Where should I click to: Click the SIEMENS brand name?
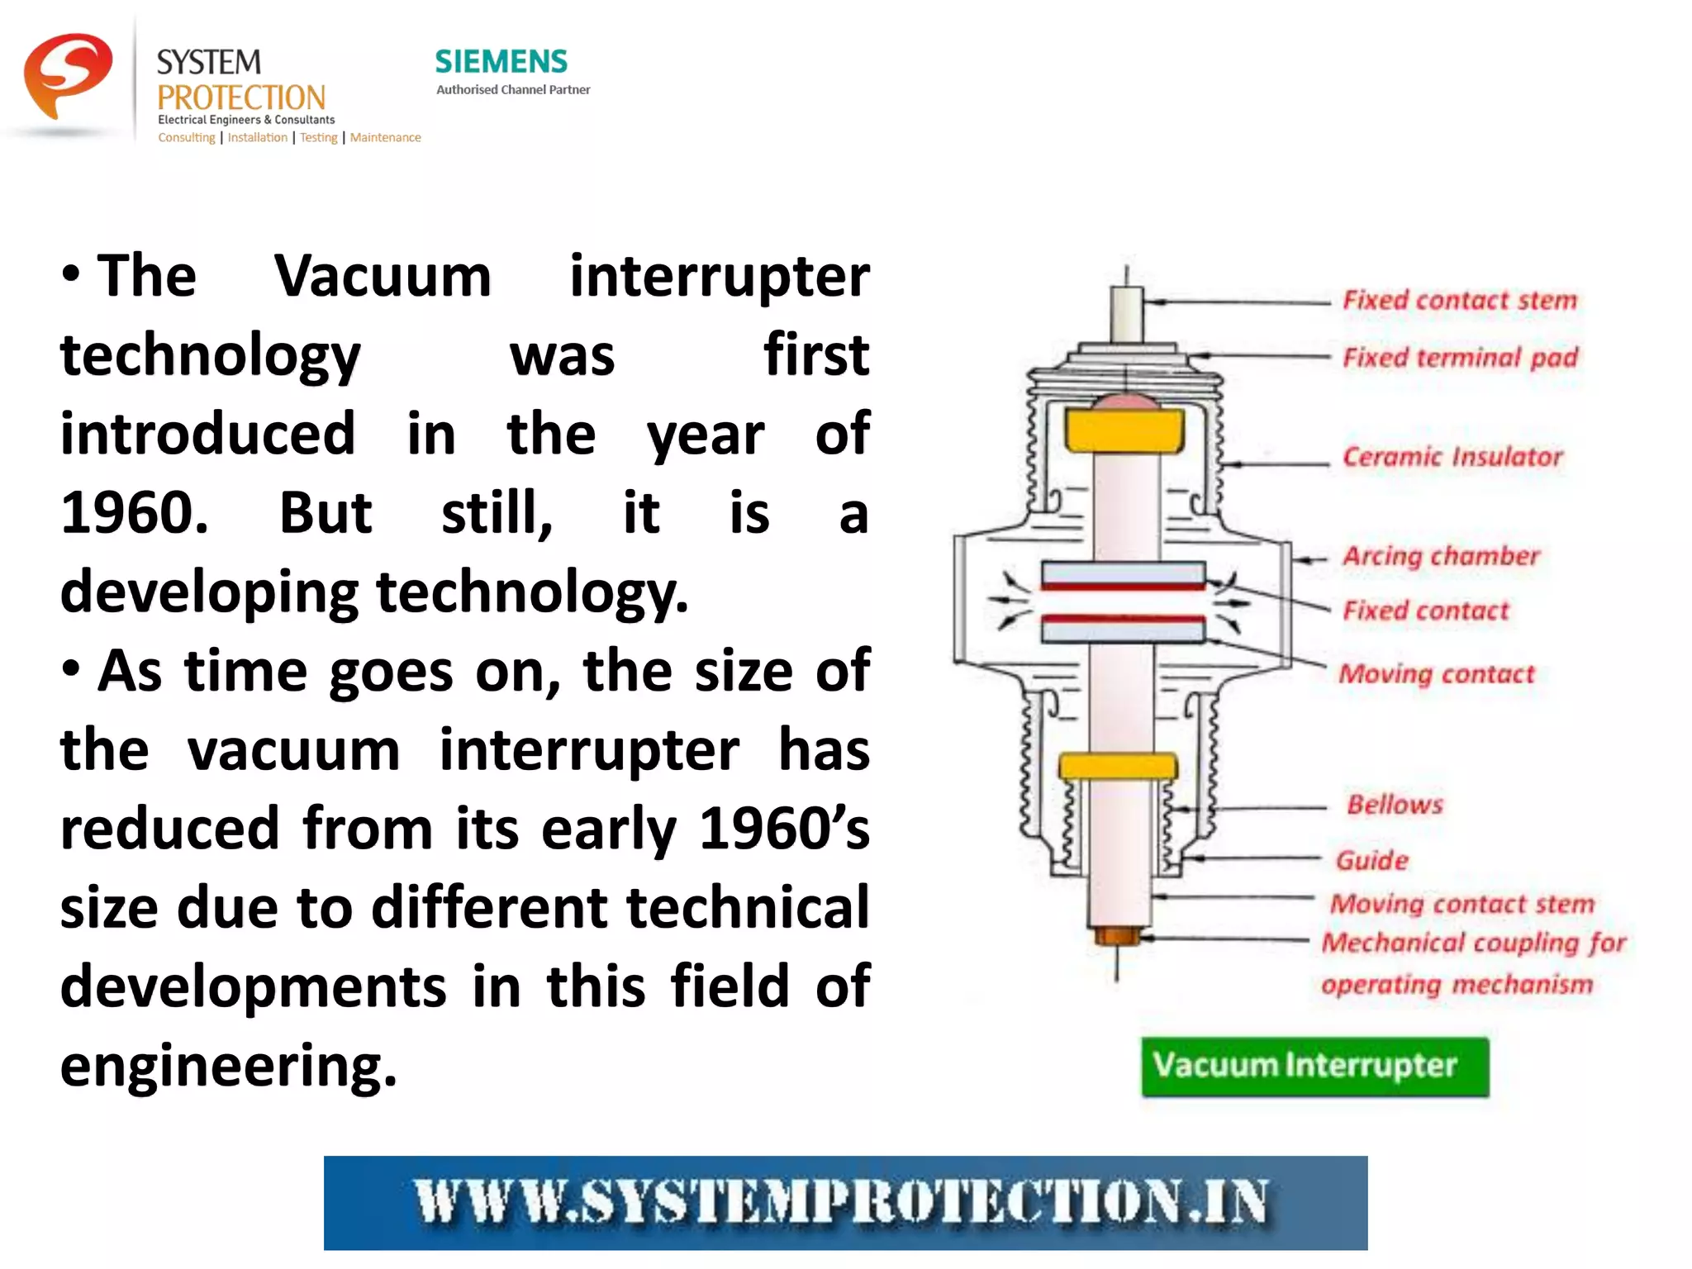point(501,61)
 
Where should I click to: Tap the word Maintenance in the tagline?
point(385,137)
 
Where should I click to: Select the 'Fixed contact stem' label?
point(1459,300)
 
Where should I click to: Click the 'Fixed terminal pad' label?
point(1459,358)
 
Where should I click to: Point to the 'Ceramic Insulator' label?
point(1452,456)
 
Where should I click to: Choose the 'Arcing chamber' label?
point(1441,555)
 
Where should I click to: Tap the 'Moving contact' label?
point(1436,674)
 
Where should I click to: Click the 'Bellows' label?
point(1395,805)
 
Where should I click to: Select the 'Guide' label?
point(1371,860)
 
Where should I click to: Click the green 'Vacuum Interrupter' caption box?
point(1314,1067)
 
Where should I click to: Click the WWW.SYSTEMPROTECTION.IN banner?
point(844,1202)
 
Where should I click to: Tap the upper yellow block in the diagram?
point(1123,430)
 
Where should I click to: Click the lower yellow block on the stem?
point(1117,766)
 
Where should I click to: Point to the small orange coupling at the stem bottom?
point(1117,936)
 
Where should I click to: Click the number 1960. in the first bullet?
point(135,513)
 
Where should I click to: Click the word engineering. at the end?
point(228,1066)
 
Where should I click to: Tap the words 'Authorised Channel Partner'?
point(513,89)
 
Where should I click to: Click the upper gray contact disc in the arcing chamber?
point(1122,573)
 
